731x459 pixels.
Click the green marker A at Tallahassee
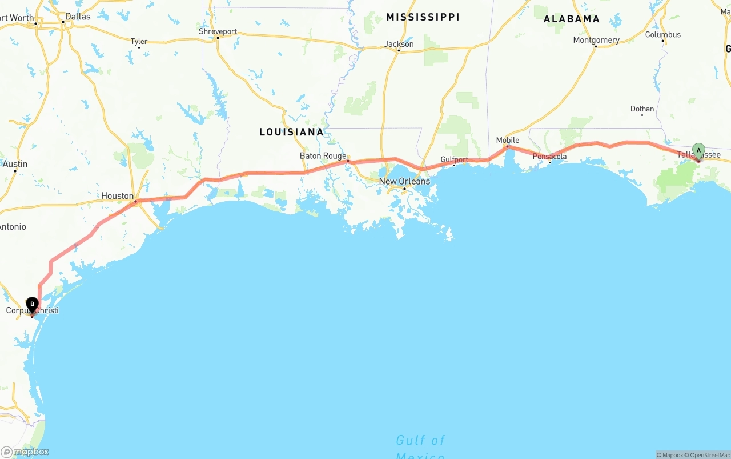698,151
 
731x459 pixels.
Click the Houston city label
117,196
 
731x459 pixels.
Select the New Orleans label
404,181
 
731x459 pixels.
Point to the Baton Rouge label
323,156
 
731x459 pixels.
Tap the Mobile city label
508,140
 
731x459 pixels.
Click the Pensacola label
549,156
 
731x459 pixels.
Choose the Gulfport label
454,159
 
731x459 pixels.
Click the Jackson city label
399,44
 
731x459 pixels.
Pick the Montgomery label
596,40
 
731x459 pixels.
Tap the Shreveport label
218,31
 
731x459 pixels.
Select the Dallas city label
78,17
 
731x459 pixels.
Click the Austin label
15,164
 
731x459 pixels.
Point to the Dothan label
642,109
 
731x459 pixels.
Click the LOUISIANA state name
291,132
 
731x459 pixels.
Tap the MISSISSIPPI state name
423,17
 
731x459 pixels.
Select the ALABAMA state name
571,19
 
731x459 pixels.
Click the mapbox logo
25,452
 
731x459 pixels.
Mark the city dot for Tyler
139,47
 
